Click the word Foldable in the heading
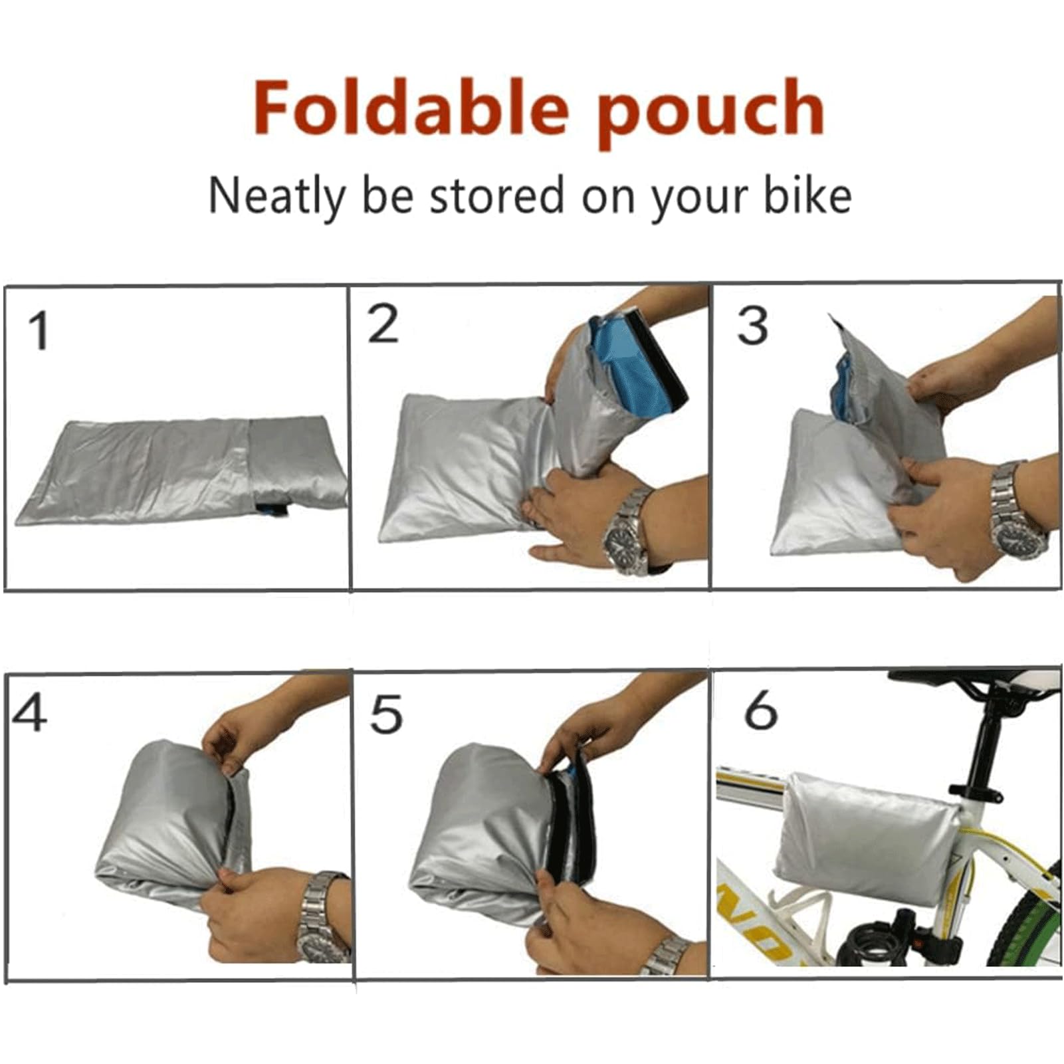click(411, 108)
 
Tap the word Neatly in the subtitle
click(276, 196)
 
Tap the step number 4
click(29, 713)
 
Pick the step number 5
click(386, 714)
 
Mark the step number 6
click(760, 710)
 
